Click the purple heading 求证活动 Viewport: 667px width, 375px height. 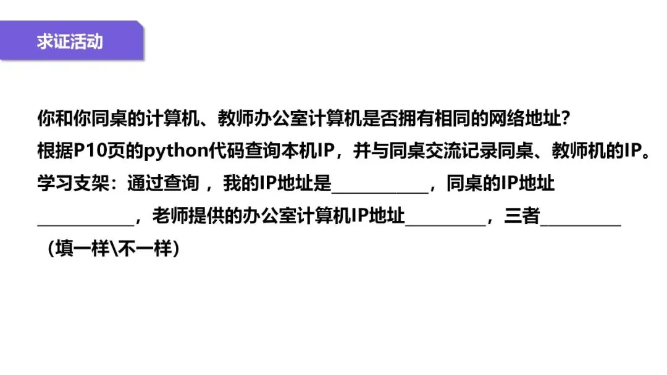coord(70,42)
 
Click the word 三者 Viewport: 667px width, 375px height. coord(522,217)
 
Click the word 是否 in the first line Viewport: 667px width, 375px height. coord(383,117)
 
